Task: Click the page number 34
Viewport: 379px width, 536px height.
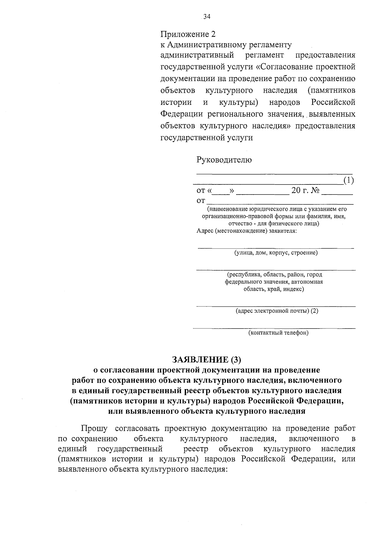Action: coord(207,17)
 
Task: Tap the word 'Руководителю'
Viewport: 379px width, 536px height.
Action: coord(224,160)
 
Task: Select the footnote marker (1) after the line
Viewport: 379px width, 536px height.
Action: coord(348,180)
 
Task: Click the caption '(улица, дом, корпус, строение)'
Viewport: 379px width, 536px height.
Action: coord(276,253)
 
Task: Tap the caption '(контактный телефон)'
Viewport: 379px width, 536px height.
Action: coord(278,333)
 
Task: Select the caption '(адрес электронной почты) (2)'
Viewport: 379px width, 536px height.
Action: coord(277,311)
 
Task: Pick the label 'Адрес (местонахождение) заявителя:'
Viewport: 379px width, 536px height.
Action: coord(247,231)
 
